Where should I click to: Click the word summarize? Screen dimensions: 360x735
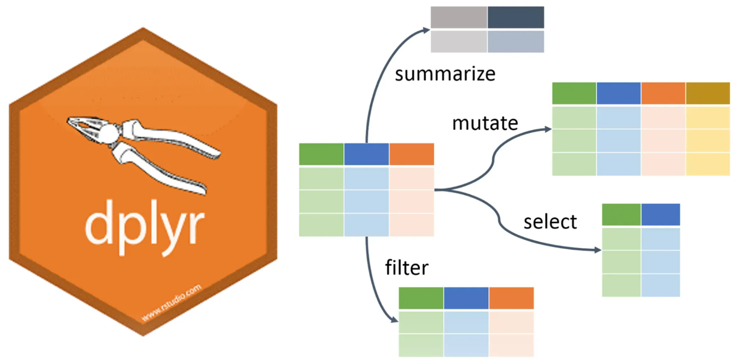[445, 74]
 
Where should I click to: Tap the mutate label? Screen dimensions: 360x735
[484, 123]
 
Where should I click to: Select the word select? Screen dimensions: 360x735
[550, 222]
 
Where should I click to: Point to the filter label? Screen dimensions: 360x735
[406, 268]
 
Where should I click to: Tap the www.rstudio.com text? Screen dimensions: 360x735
[171, 303]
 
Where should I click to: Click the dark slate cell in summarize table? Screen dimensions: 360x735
[515, 17]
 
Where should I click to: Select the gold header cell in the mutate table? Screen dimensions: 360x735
[708, 93]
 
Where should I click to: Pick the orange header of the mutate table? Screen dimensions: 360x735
[663, 93]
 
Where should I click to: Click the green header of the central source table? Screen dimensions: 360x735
[321, 154]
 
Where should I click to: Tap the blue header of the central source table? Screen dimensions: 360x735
[366, 154]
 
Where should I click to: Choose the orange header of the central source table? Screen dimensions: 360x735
[412, 154]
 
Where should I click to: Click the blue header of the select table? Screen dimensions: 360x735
[660, 215]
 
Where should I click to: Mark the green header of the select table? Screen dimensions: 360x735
[621, 215]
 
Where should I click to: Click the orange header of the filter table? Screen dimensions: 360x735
[511, 298]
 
